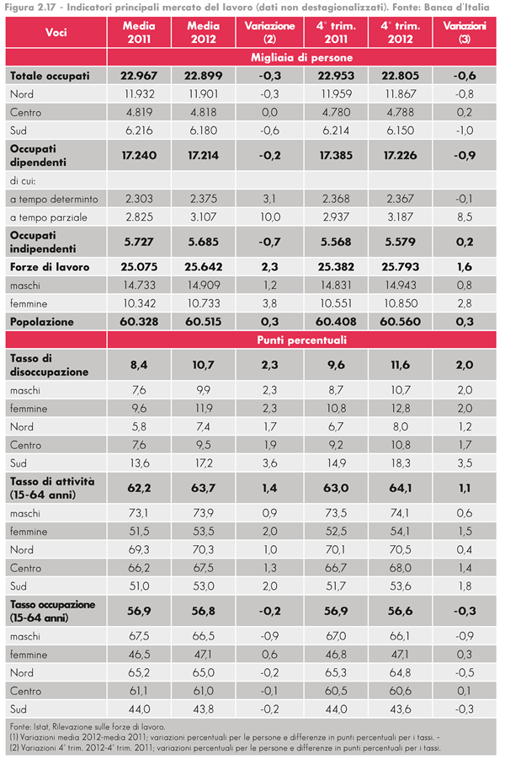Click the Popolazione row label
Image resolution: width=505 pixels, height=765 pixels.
[x=42, y=322]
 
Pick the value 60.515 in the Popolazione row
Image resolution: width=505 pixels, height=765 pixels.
[x=203, y=322]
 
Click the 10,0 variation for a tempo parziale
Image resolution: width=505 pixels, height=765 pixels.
[x=269, y=217]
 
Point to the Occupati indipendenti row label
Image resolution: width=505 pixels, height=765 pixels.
[x=43, y=243]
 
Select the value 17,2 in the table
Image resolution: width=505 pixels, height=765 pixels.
[x=203, y=463]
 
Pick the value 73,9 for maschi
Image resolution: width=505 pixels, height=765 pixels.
[x=203, y=512]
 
